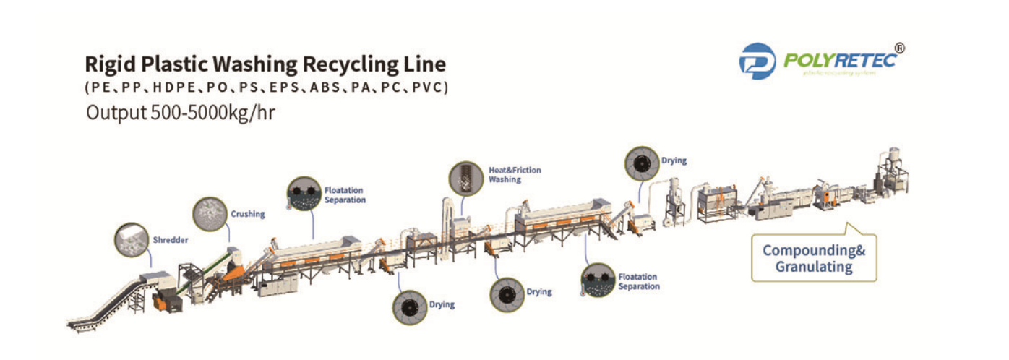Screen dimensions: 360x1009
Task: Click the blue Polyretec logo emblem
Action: coord(757,61)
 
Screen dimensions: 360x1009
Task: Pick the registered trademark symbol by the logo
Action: coord(899,48)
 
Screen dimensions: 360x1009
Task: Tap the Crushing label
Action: coord(248,214)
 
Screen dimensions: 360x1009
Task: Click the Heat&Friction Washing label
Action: coord(515,175)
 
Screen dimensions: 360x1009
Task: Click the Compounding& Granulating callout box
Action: coord(814,259)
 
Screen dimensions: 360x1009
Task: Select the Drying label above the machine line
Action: coord(674,160)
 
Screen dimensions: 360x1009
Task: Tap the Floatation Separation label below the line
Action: coord(639,281)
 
